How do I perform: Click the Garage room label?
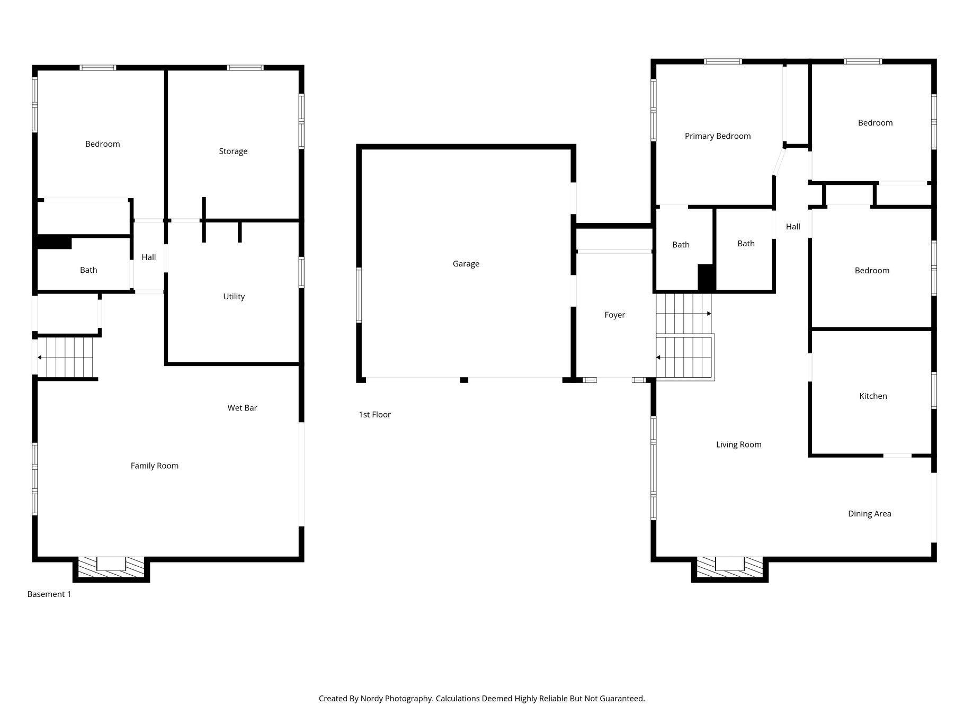tap(466, 264)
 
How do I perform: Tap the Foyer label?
tap(614, 315)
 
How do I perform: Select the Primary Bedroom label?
tap(718, 136)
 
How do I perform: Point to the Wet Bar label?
tap(242, 408)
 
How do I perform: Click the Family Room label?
tap(155, 466)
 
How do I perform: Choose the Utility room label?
tap(234, 297)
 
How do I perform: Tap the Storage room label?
tap(233, 151)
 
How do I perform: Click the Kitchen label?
tap(873, 396)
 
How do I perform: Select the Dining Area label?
tap(869, 514)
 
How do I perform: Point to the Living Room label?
tap(738, 445)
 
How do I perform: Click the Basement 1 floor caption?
tap(49, 594)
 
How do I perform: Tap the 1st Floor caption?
tap(374, 415)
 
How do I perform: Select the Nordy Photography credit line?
tap(481, 699)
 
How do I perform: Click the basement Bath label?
tap(88, 270)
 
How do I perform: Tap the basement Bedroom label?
tap(102, 144)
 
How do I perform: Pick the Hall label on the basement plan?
tap(148, 257)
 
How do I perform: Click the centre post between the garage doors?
tap(464, 380)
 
